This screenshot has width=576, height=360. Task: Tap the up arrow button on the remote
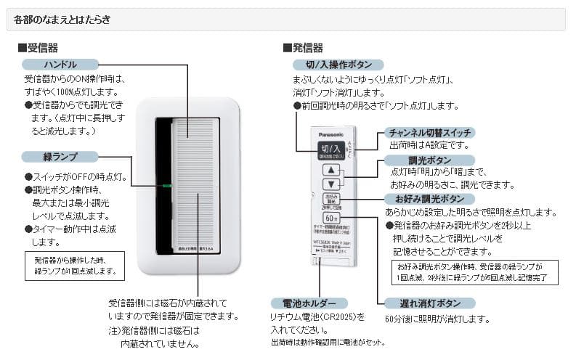click(331, 170)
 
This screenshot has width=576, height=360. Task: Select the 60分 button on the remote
click(331, 218)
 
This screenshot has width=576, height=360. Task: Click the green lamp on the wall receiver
click(166, 185)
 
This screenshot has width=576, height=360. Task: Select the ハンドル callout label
click(60, 65)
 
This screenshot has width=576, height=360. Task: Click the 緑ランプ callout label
click(60, 157)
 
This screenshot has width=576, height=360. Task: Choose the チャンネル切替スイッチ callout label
click(429, 132)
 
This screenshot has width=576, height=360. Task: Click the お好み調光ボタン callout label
click(429, 199)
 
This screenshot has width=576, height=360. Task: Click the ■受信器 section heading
click(38, 48)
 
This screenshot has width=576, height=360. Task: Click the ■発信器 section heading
click(303, 48)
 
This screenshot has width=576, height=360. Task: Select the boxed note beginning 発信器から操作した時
click(74, 265)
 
